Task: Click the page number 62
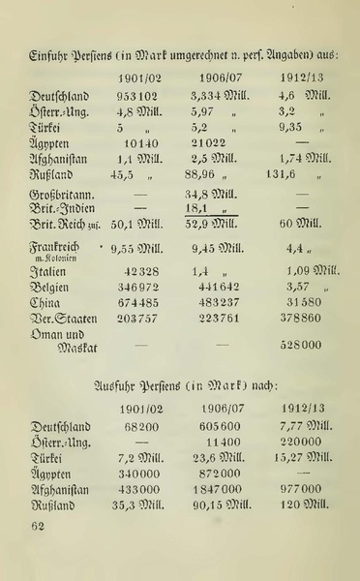[39, 526]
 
